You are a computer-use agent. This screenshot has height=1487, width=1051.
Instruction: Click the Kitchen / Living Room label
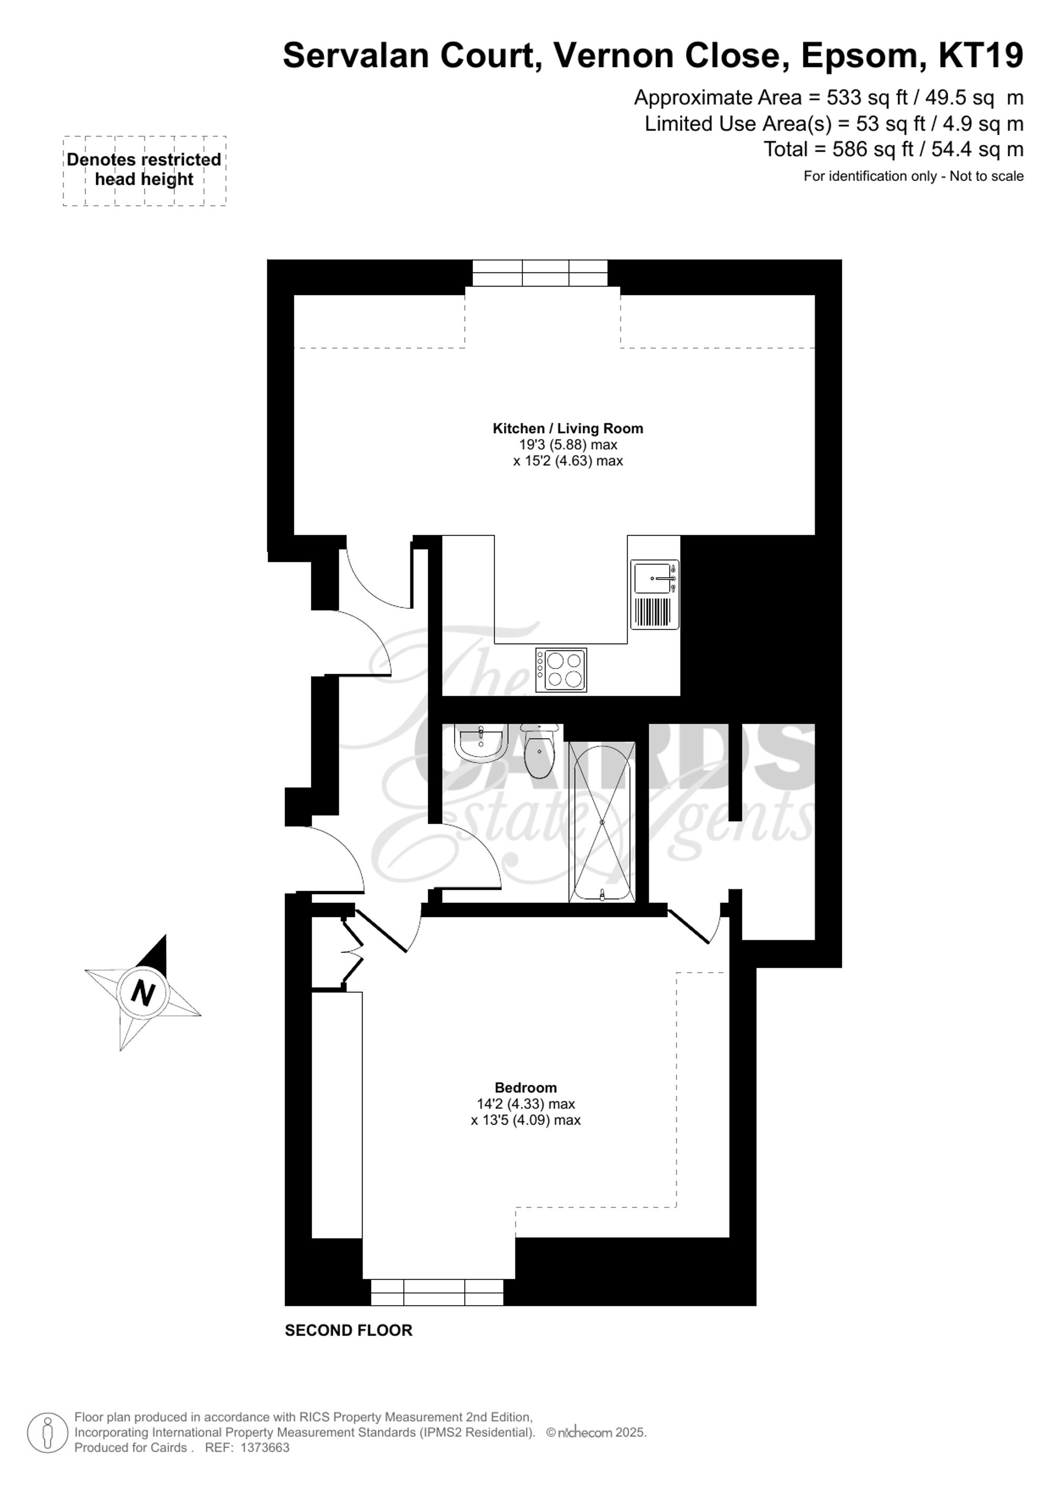coord(568,428)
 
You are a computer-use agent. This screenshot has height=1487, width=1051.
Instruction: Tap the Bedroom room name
coord(525,1087)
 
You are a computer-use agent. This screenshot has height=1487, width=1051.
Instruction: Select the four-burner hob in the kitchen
coord(562,670)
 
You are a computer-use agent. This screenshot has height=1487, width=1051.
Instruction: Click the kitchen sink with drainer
coord(654,594)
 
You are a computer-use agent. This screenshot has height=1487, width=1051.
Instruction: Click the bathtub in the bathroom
coord(601,822)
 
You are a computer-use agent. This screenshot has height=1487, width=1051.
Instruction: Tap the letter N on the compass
coord(143,992)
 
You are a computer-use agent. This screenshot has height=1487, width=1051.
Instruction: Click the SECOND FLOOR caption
coord(348,1330)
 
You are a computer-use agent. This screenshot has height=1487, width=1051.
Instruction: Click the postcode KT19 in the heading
coord(981,56)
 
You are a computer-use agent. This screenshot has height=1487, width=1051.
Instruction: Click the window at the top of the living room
coord(540,273)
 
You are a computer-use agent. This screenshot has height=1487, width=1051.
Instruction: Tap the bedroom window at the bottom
coord(437,1291)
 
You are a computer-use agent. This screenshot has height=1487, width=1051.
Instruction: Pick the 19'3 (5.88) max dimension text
coord(568,445)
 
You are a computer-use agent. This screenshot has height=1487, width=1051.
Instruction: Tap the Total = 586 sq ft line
coord(893,150)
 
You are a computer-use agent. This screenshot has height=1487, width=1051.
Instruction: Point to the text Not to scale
coord(986,176)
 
